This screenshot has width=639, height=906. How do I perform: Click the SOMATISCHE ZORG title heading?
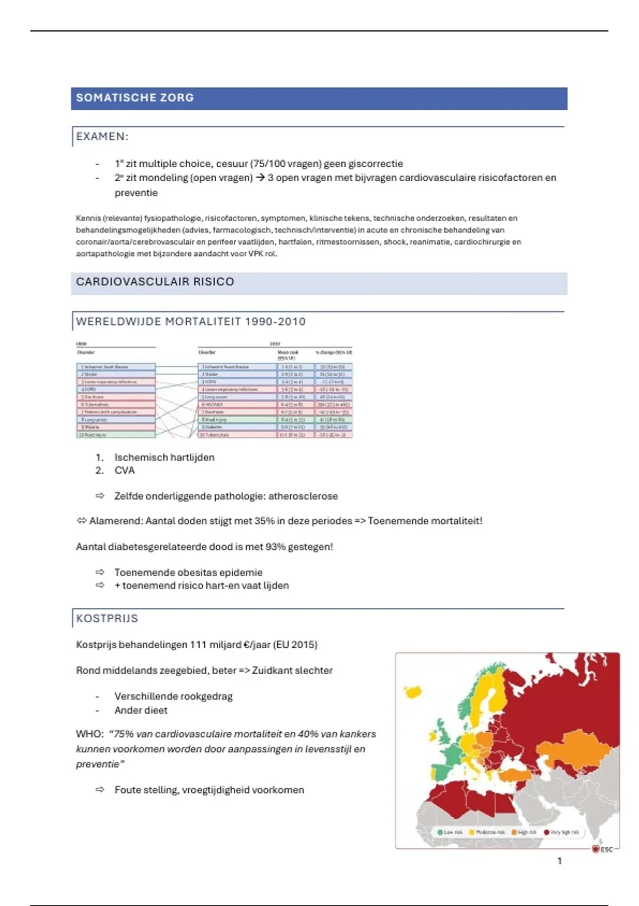point(135,98)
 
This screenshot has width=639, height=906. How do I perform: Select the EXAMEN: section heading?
point(102,136)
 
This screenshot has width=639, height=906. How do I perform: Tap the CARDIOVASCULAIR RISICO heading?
point(155,282)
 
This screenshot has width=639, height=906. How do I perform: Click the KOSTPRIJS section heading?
point(107,619)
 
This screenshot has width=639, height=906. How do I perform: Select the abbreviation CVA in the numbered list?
point(125,471)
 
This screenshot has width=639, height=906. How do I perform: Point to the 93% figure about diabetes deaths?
point(275,547)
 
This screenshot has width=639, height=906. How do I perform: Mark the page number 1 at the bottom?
point(559,861)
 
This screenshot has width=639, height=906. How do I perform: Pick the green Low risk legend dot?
point(440,832)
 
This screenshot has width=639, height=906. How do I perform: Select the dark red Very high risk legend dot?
point(546,832)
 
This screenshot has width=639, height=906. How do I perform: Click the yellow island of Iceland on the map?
point(413,692)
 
